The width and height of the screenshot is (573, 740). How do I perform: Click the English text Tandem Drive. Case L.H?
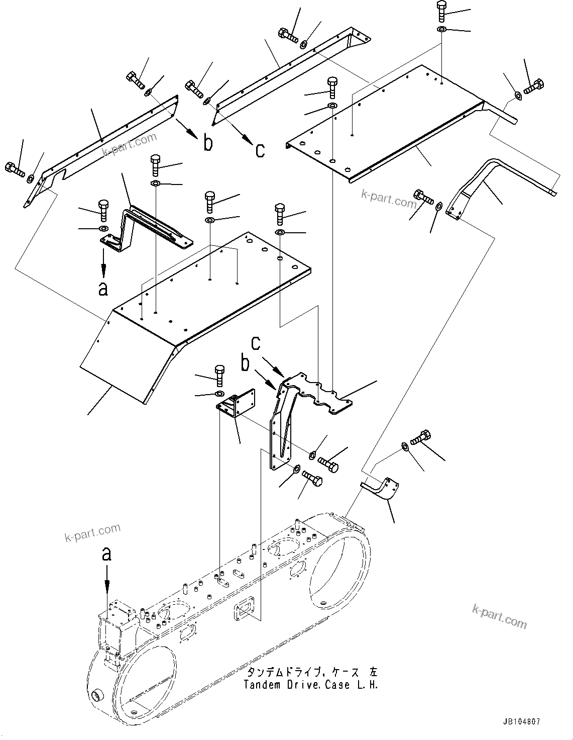(x=310, y=685)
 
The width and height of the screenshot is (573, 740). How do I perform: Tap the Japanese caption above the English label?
(x=310, y=673)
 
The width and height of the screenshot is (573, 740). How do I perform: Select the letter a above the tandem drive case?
(x=106, y=554)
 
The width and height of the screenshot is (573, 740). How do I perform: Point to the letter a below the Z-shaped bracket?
(x=103, y=289)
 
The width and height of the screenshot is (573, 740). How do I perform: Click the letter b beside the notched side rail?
(x=208, y=143)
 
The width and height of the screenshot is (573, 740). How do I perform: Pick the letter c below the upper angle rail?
(x=260, y=149)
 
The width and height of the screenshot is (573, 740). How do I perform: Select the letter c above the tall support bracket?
(x=256, y=343)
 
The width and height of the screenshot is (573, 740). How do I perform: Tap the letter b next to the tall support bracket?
(x=245, y=363)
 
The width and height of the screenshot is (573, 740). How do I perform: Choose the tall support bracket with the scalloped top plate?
(x=291, y=412)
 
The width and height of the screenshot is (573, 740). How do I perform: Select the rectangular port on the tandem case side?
(x=244, y=613)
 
